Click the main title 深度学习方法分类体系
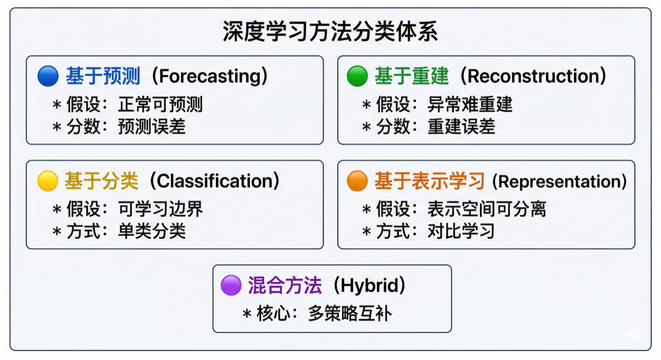point(330,31)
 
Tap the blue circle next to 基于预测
point(48,76)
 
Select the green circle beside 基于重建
point(357,76)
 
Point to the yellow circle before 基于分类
point(48,181)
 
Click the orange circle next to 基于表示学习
point(357,181)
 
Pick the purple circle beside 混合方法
point(231,285)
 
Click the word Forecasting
point(210,77)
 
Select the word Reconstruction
point(533,77)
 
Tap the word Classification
point(214,181)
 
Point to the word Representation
point(559,181)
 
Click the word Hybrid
point(370,286)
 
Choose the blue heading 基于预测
point(103,76)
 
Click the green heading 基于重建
point(412,76)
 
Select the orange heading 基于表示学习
point(429,181)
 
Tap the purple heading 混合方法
point(285,285)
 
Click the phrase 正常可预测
point(160,105)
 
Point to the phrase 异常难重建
point(470,105)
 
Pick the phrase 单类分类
point(151,231)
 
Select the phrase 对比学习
point(461,231)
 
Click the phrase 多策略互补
point(350,313)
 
